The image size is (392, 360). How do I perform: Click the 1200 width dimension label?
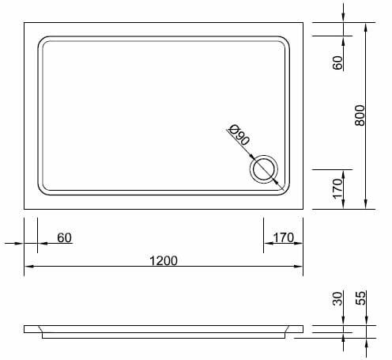[164, 261]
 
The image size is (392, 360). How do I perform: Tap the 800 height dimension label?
[360, 116]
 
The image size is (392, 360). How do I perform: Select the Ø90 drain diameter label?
[239, 135]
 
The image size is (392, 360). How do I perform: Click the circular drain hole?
[264, 169]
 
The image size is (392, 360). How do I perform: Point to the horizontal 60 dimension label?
[64, 237]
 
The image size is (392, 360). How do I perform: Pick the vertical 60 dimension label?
[337, 63]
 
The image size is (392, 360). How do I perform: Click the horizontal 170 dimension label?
[283, 237]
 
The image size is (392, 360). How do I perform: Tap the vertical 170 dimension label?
[337, 189]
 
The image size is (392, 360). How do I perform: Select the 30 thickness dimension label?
[337, 298]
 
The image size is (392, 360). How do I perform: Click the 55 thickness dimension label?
[361, 298]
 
